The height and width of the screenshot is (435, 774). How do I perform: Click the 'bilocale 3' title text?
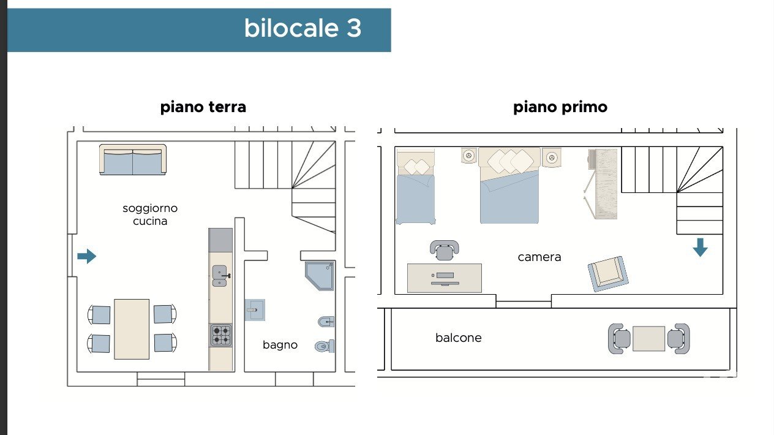click(302, 28)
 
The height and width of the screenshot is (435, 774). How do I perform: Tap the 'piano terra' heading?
click(203, 107)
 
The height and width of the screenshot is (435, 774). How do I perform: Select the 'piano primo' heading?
click(560, 107)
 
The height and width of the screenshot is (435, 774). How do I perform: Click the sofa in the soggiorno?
click(133, 160)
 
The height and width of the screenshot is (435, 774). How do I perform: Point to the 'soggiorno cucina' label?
click(150, 214)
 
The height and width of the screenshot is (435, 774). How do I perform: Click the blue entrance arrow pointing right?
click(87, 256)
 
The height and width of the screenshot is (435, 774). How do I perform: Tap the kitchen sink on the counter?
click(220, 276)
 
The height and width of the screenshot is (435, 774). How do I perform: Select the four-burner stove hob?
click(220, 335)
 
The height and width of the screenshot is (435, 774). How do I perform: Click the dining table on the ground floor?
click(132, 329)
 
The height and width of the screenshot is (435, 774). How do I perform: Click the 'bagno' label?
click(280, 345)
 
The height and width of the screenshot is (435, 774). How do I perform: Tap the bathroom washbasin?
click(255, 310)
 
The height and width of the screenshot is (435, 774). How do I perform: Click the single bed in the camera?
click(415, 187)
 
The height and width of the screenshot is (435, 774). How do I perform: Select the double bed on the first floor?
click(509, 186)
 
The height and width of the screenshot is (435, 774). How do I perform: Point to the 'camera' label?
click(539, 257)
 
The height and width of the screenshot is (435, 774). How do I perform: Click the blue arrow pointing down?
click(700, 248)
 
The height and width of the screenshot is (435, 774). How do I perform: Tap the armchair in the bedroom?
click(608, 274)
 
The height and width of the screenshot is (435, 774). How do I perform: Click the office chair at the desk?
click(445, 250)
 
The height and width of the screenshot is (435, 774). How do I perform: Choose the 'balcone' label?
click(458, 338)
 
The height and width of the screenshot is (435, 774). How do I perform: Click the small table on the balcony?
click(648, 339)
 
